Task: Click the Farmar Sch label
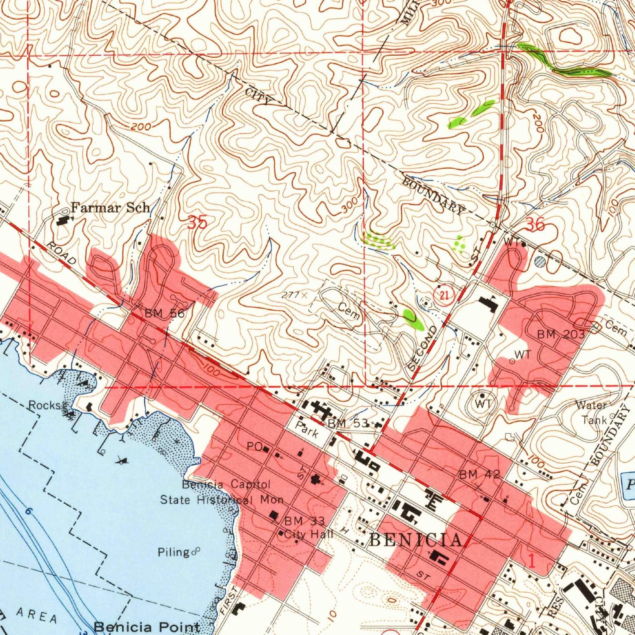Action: coord(110,208)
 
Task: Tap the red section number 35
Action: coord(197,223)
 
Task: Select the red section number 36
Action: coord(536,225)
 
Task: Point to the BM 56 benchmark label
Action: coord(164,314)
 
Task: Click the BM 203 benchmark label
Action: coord(561,334)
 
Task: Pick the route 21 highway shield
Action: coord(444,295)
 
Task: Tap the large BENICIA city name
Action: coord(416,540)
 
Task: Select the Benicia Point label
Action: coord(146,627)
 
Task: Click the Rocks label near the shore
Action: coord(45,405)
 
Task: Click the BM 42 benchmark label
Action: coord(479,475)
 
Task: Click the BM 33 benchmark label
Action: coord(304,521)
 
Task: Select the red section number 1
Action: coord(532,561)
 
